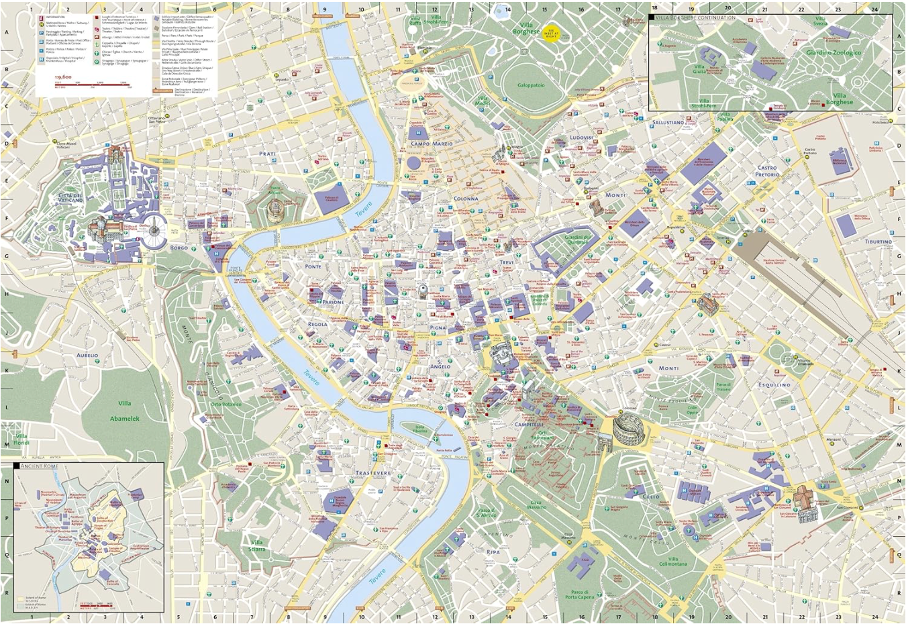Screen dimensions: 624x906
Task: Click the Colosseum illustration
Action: click(627, 427)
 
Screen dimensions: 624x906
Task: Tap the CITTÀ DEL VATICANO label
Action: click(70, 198)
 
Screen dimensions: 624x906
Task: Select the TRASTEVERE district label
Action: click(372, 473)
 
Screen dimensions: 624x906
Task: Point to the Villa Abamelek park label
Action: click(125, 411)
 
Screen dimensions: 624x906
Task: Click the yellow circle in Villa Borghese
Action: click(552, 32)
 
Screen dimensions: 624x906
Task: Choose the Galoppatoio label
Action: click(531, 85)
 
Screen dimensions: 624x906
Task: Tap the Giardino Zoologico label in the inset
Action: click(834, 52)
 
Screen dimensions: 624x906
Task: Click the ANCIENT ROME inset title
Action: click(39, 466)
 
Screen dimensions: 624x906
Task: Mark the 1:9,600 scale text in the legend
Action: click(63, 77)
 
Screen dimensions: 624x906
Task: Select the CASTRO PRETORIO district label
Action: click(767, 171)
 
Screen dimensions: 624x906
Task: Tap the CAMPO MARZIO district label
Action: click(432, 144)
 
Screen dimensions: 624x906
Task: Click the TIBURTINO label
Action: click(878, 242)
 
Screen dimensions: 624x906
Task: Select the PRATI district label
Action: click(267, 154)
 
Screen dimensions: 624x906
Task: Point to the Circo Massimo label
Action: click(537, 505)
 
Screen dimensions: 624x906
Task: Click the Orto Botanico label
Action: click(226, 405)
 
